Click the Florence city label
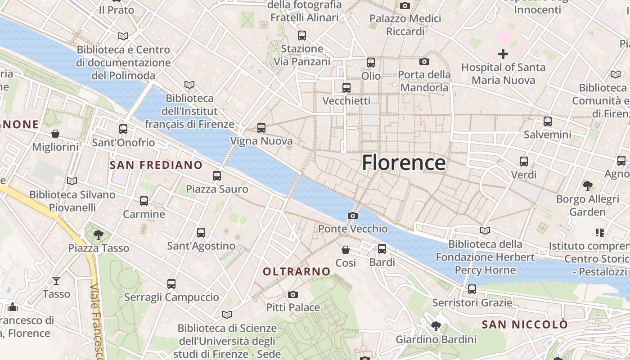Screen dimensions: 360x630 [x=404, y=162]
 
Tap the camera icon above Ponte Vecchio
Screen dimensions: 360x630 [x=353, y=216]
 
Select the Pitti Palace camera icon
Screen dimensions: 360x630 [x=293, y=295]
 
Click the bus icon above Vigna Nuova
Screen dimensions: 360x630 [x=261, y=128]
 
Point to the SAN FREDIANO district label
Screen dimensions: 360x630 [x=156, y=165]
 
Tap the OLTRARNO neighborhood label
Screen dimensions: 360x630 [x=297, y=272]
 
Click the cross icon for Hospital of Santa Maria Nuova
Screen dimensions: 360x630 [x=503, y=54]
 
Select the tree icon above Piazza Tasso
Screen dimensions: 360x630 [x=99, y=234]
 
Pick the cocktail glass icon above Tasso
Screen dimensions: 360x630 [x=56, y=281]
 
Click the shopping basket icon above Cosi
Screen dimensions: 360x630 [x=346, y=249]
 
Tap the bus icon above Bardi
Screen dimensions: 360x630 [x=382, y=248]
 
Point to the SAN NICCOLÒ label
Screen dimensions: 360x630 [x=525, y=324]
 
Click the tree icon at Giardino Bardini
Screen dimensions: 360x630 [x=436, y=326]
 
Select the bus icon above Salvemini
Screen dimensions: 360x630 [x=548, y=121]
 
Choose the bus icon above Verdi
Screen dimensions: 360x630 [x=524, y=161]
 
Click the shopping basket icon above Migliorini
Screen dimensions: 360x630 [x=55, y=134]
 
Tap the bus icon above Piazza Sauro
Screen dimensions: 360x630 [x=217, y=176]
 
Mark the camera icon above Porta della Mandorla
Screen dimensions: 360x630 [x=424, y=61]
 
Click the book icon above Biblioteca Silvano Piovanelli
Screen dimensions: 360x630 [x=72, y=181]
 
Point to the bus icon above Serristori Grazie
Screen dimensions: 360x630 [x=472, y=289]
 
